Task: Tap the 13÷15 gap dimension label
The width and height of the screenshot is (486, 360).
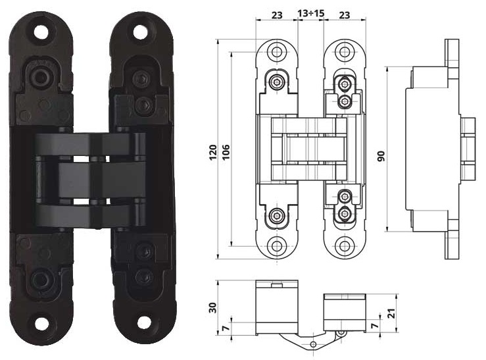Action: point(310,13)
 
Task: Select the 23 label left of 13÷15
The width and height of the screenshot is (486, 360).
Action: point(276,13)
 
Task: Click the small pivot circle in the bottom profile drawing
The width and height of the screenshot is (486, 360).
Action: point(340,334)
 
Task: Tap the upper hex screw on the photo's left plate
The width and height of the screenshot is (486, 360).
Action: point(42,77)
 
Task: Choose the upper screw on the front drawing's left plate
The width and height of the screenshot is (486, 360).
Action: point(278,82)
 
